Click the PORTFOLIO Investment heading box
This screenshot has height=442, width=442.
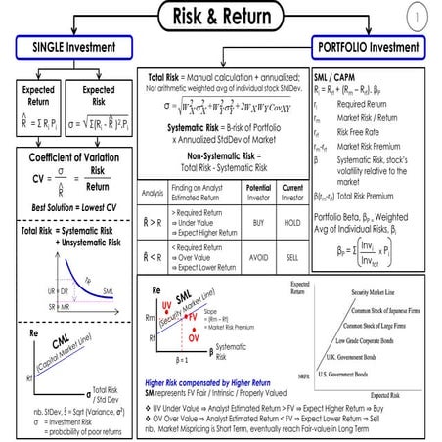pos(366,47)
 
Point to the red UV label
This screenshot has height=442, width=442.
pos(165,305)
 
